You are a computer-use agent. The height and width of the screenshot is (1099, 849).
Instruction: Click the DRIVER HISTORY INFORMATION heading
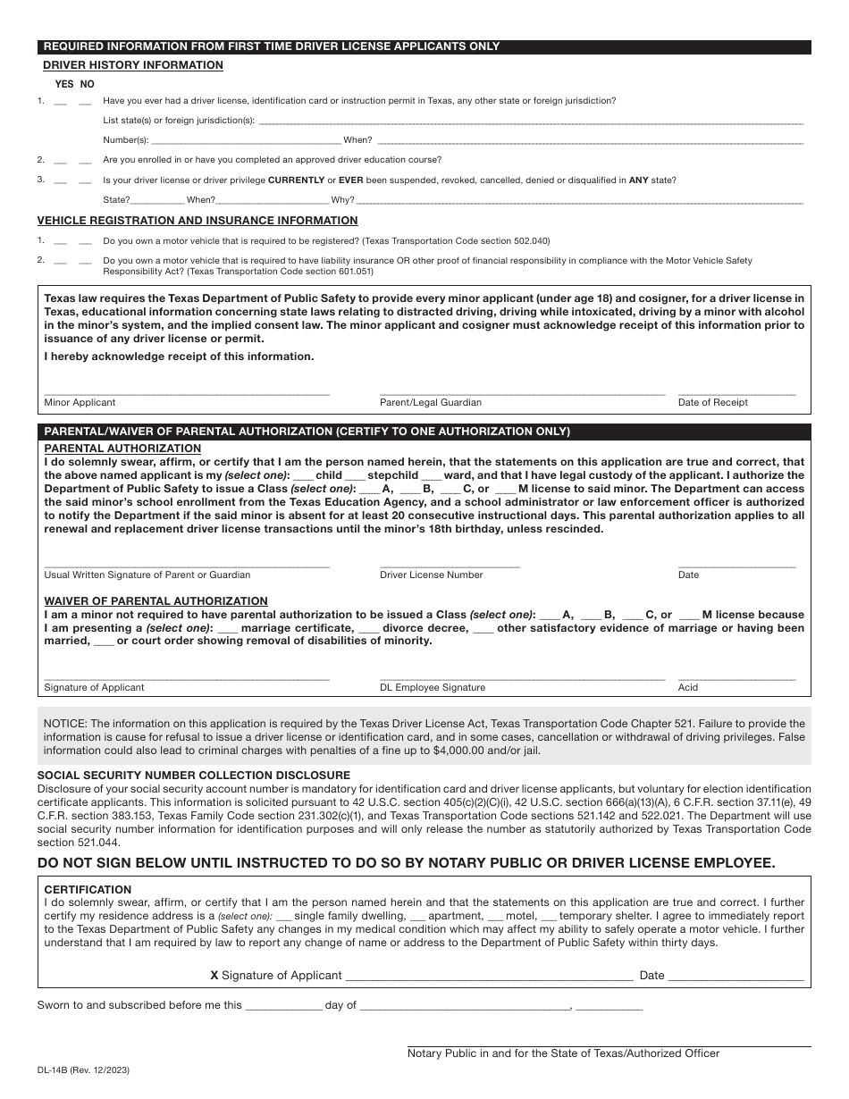[133, 65]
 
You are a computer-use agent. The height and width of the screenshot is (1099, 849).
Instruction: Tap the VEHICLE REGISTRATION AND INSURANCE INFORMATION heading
[198, 221]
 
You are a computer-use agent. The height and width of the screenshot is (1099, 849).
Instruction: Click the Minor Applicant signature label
[80, 403]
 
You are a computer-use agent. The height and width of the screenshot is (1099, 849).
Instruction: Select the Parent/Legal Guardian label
[431, 403]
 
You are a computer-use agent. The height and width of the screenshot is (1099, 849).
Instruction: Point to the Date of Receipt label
[713, 403]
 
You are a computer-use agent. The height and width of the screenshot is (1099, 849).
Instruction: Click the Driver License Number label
[432, 575]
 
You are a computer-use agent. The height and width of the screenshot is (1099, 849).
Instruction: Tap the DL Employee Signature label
[433, 688]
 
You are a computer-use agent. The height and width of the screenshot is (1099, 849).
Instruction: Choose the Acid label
[688, 688]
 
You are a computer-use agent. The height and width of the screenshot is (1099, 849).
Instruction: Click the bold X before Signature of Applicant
[214, 976]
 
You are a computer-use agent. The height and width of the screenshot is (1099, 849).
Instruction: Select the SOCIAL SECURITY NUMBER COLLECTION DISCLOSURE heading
[194, 776]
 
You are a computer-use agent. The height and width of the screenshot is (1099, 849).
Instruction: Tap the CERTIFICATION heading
[88, 890]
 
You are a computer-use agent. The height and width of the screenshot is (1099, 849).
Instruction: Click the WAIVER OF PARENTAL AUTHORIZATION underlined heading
[156, 601]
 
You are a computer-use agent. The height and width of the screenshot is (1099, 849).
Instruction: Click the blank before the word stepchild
[355, 475]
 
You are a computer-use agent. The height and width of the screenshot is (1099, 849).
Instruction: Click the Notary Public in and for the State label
[563, 1053]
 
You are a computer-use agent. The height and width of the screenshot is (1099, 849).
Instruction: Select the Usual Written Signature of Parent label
[147, 575]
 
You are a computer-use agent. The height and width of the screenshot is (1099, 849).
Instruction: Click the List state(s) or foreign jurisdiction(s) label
[179, 121]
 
